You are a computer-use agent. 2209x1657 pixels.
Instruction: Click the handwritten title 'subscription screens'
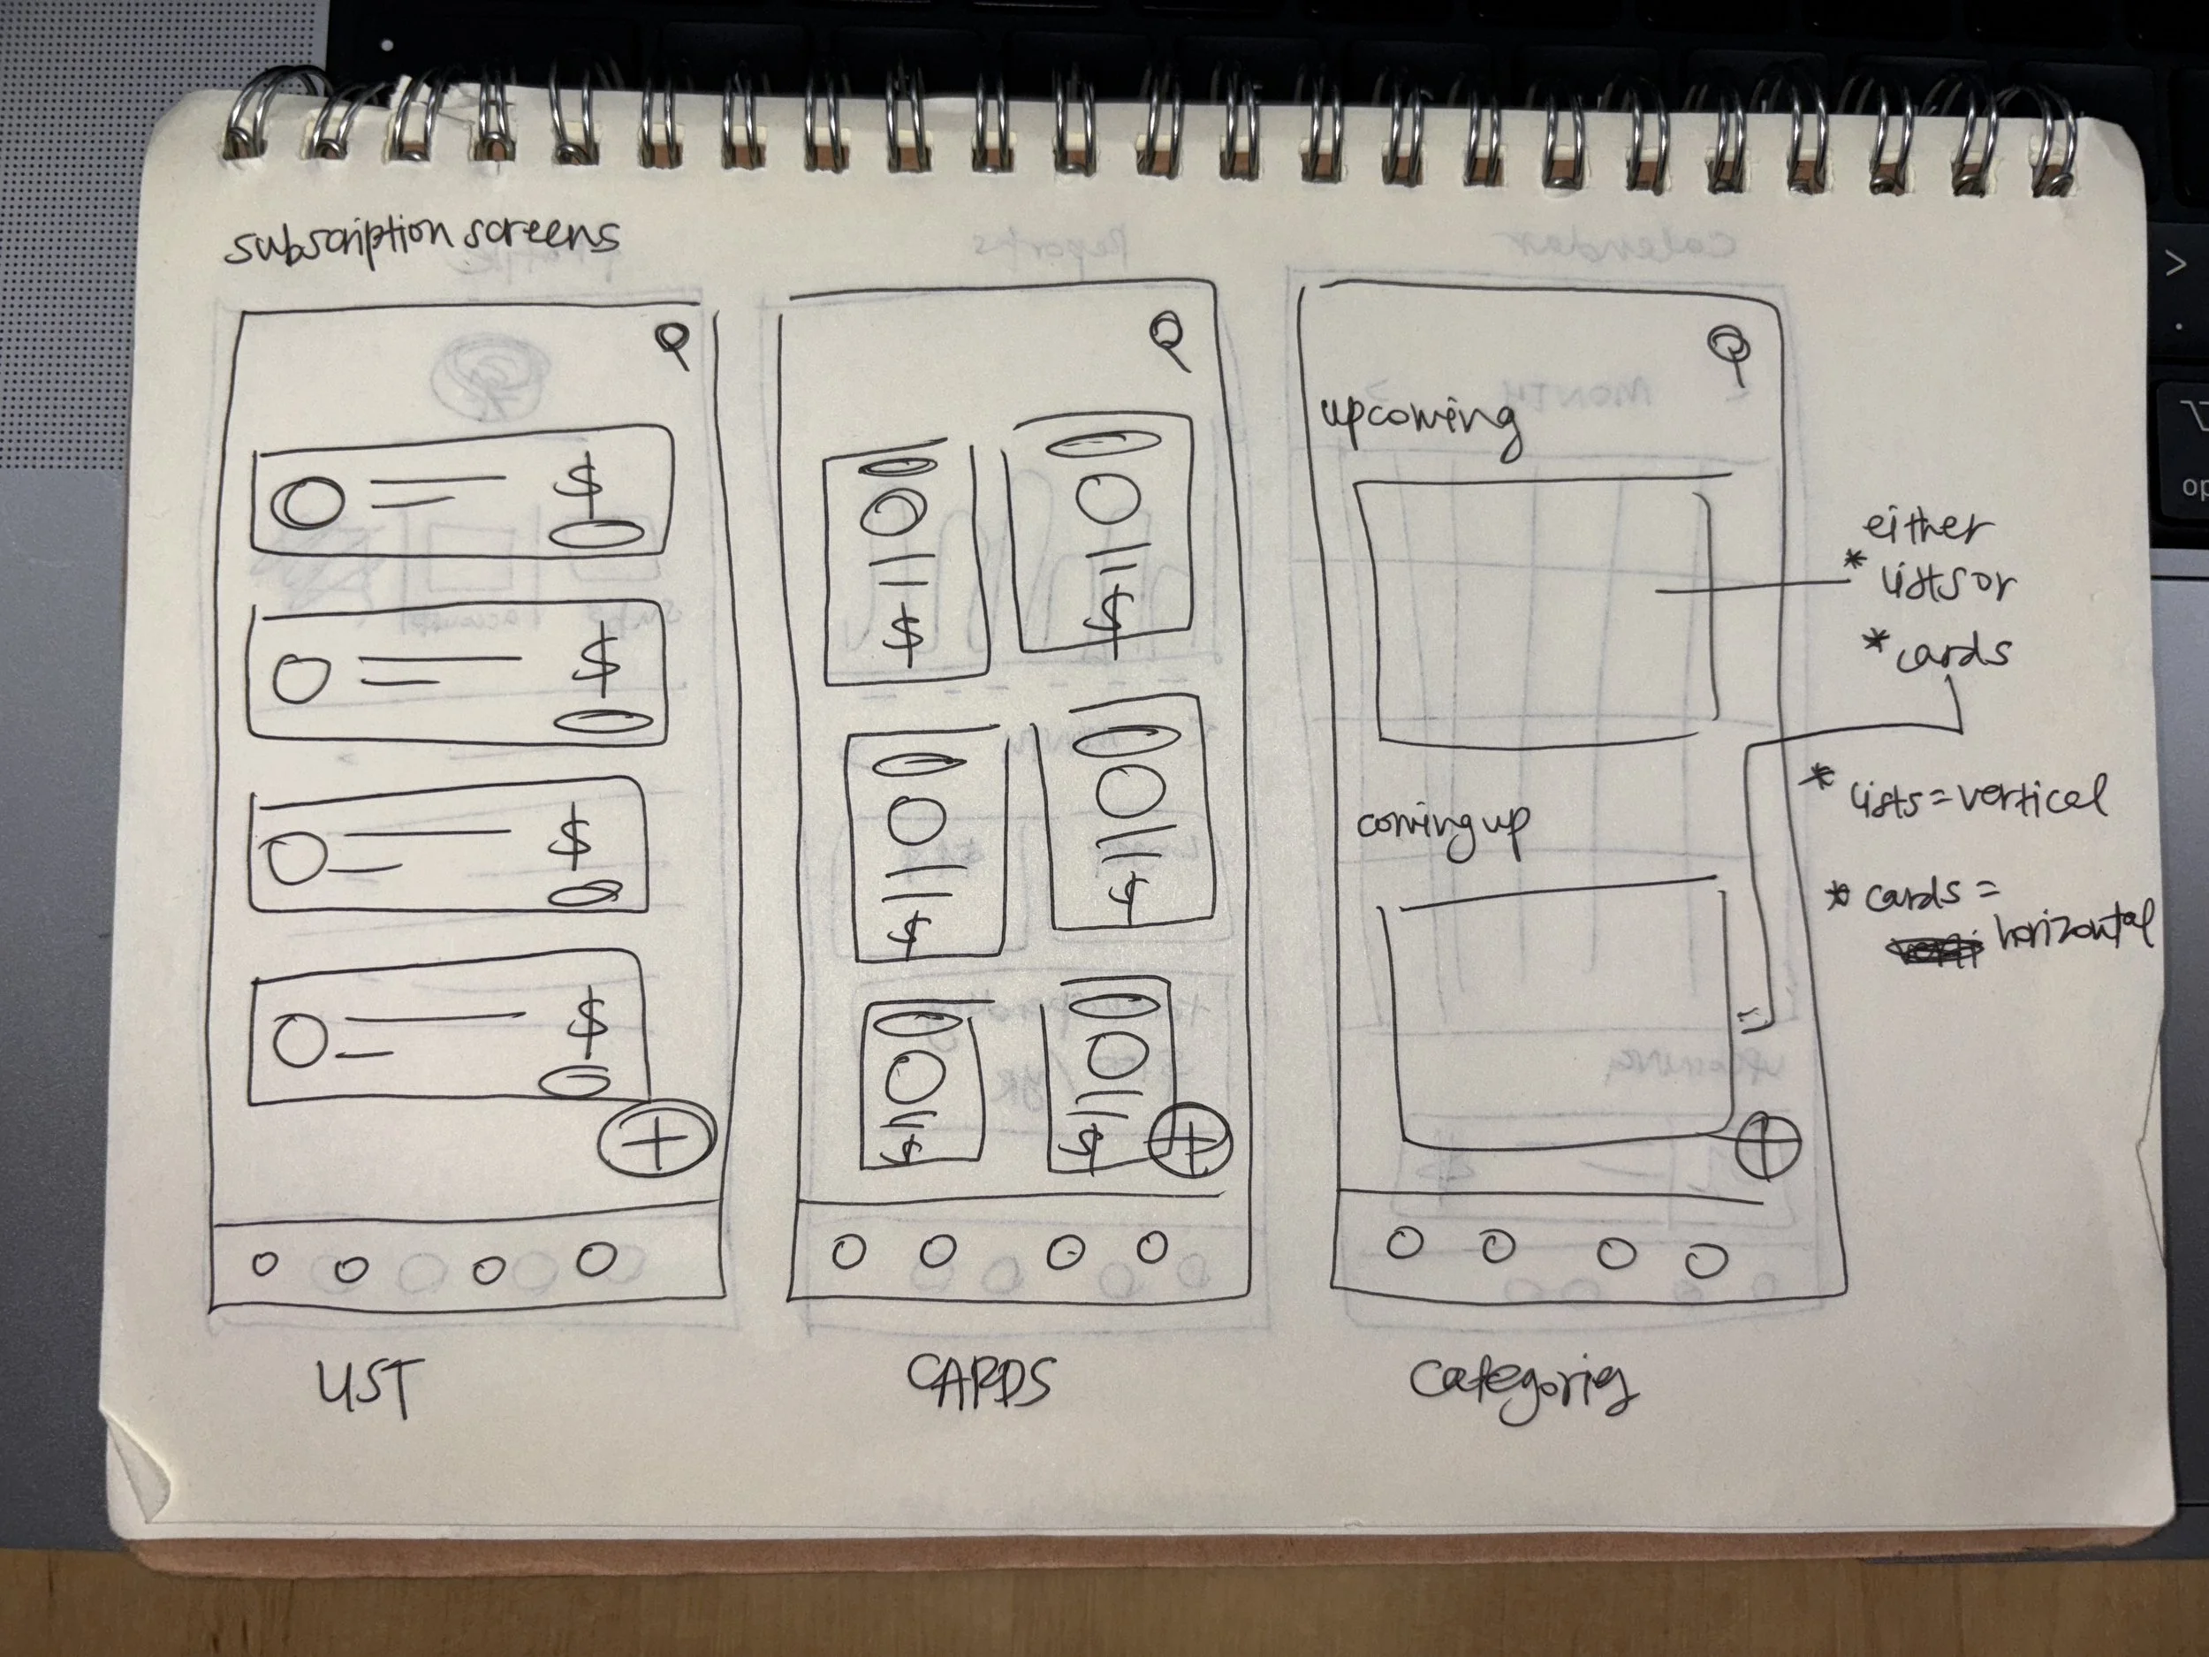(421, 239)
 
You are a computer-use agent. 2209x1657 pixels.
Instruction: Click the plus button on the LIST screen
(657, 1138)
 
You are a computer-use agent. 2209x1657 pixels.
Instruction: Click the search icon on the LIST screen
(673, 344)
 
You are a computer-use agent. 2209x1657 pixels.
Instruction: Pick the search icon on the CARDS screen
(1167, 337)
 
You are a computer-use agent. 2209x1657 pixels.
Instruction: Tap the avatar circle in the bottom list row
(300, 1042)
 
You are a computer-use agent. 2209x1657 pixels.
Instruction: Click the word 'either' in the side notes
(1926, 527)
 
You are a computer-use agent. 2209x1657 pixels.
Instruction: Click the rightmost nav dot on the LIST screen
(596, 1259)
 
